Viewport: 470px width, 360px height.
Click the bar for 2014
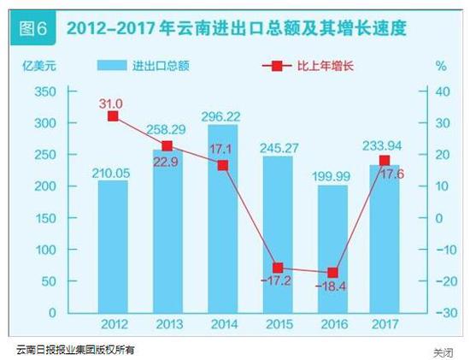pyautogui.click(x=223, y=222)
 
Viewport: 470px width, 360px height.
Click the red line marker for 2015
pyautogui.click(x=278, y=268)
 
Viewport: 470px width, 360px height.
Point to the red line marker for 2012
pyautogui.click(x=114, y=115)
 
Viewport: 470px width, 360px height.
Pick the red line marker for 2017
pyautogui.click(x=385, y=160)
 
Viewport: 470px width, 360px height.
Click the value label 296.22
pyautogui.click(x=223, y=118)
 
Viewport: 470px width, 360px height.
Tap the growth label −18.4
pyautogui.click(x=332, y=288)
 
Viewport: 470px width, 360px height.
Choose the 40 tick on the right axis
pyautogui.click(x=444, y=91)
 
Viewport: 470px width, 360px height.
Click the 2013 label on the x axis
pyautogui.click(x=168, y=326)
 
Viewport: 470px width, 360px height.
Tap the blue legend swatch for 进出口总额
pyautogui.click(x=111, y=66)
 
